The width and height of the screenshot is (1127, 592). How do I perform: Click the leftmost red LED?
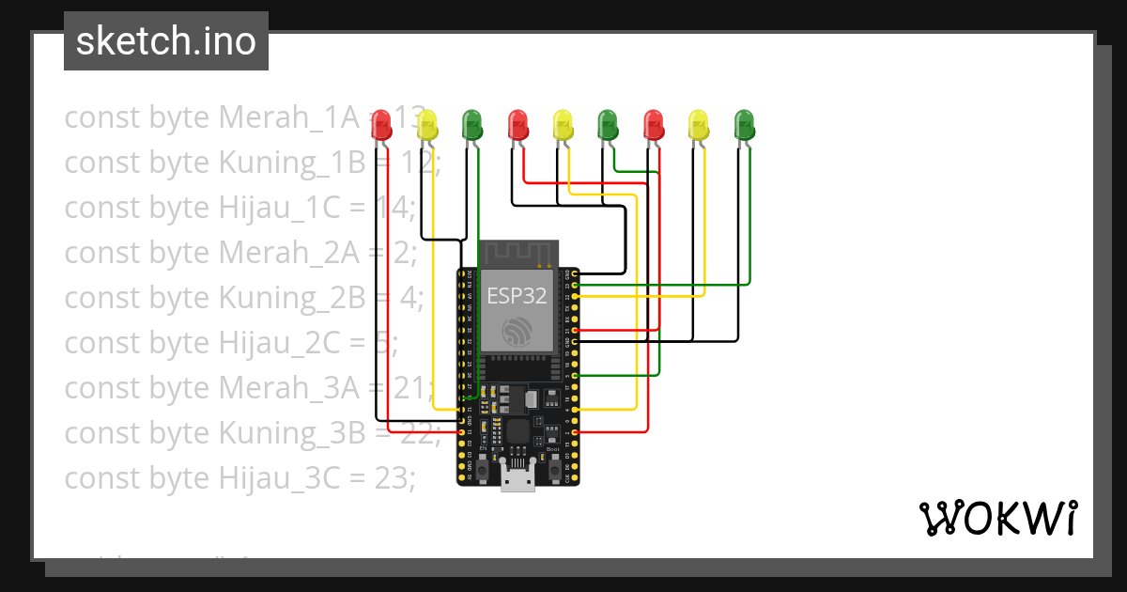[x=380, y=124]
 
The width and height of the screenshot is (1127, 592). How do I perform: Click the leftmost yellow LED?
[x=426, y=124]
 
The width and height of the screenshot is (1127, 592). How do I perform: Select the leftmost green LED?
[x=471, y=124]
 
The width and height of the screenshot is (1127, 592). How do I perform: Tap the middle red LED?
[x=517, y=124]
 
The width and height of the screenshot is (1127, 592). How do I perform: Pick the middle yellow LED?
[x=563, y=124]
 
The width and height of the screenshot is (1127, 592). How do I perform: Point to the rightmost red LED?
[x=654, y=124]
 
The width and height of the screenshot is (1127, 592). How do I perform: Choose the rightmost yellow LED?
[x=699, y=124]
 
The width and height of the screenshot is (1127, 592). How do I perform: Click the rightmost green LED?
[x=744, y=124]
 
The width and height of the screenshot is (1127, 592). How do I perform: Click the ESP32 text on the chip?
[x=517, y=295]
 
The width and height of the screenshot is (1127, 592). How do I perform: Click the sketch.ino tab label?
[x=166, y=42]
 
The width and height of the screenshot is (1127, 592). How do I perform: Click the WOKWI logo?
[x=997, y=518]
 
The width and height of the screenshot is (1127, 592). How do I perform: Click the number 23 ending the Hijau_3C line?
[x=394, y=477]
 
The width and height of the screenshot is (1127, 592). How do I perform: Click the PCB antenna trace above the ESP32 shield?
[x=518, y=253]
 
